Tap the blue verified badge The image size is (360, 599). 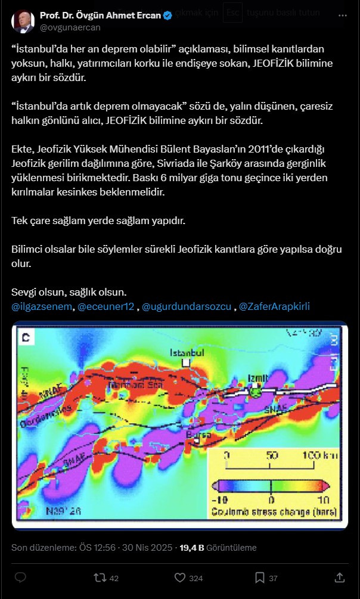(168, 15)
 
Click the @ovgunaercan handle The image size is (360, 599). (70, 27)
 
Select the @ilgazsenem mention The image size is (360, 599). (41, 307)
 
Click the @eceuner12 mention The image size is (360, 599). (105, 307)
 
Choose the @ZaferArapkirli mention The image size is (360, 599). (274, 307)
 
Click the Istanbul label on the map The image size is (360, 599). (187, 353)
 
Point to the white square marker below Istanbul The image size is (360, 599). (187, 362)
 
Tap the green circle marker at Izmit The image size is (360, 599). (256, 391)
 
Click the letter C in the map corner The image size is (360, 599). (26, 339)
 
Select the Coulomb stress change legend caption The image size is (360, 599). (273, 511)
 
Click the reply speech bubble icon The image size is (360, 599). (20, 578)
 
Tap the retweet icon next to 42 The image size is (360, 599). (100, 578)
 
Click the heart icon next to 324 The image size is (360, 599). (179, 578)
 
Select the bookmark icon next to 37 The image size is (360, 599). (259, 578)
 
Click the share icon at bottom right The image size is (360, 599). (339, 578)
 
